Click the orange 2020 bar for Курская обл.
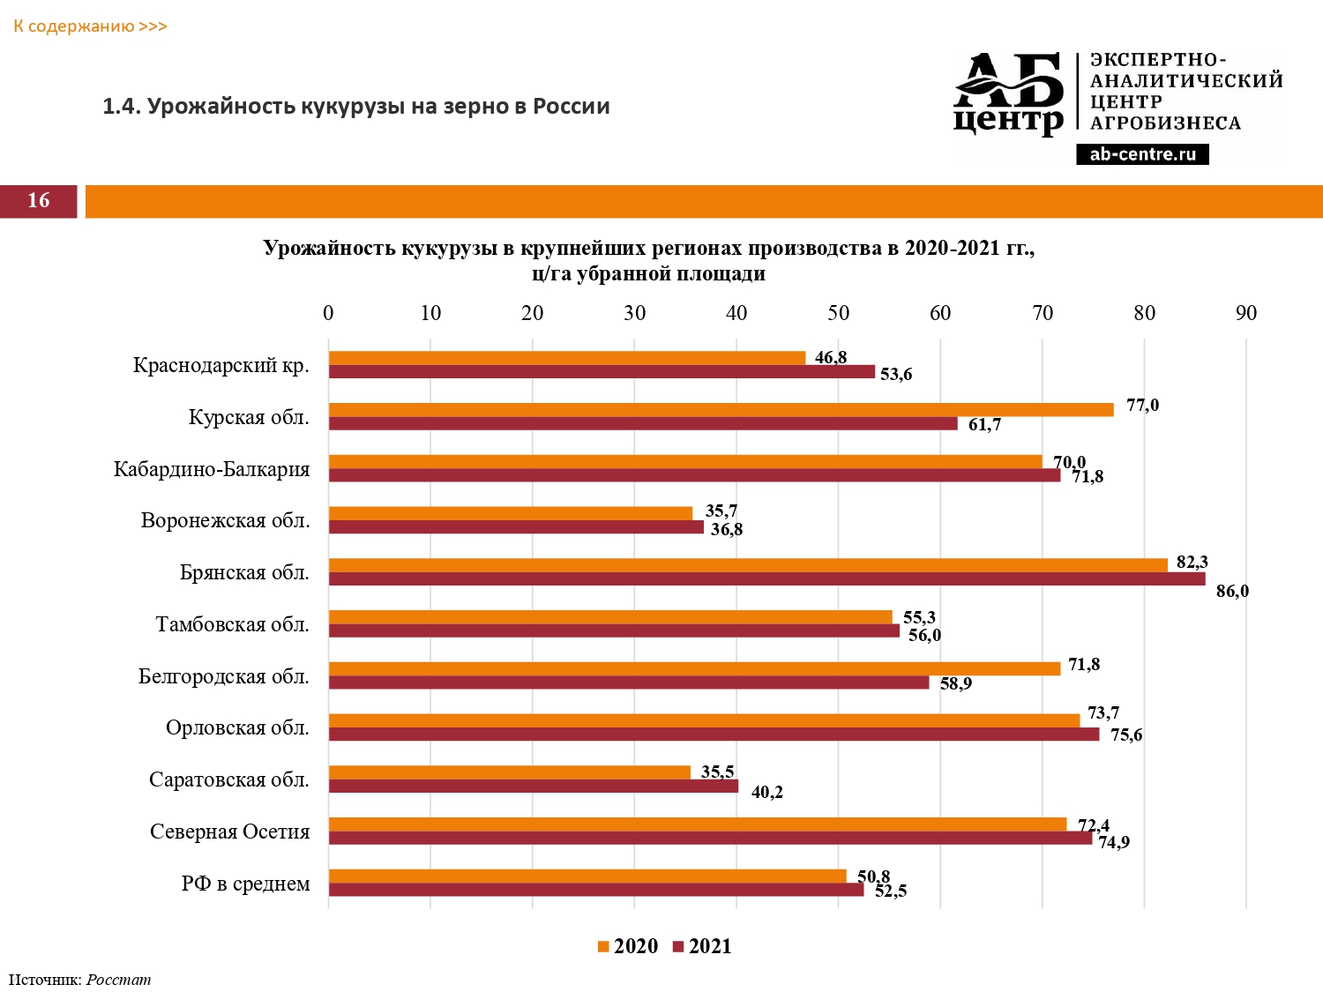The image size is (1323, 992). pos(721,409)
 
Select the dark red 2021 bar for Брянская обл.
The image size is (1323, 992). pos(766,579)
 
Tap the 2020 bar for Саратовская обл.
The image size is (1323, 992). pos(510,772)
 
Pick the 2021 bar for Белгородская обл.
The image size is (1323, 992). pos(629,682)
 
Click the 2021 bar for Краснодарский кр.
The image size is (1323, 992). pos(602,372)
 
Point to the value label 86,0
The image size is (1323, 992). pos(1232,591)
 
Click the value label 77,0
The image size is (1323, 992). pos(1142,406)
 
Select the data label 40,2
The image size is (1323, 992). pos(766,792)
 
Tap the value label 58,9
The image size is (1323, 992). pos(955,683)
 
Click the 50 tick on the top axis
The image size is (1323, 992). pos(838,313)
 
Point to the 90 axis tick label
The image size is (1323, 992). pos(1245,313)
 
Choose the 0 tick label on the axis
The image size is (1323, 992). pos(328,313)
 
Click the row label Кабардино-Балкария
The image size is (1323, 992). pos(212,469)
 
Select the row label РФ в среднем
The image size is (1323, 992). pos(245,884)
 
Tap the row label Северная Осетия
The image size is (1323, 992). pos(229,832)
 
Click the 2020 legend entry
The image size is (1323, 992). pos(628,946)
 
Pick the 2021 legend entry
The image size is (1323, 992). pos(702,946)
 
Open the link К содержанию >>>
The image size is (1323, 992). pos(90,26)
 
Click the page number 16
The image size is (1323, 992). pos(39,200)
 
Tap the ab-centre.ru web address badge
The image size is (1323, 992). pos(1142,154)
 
